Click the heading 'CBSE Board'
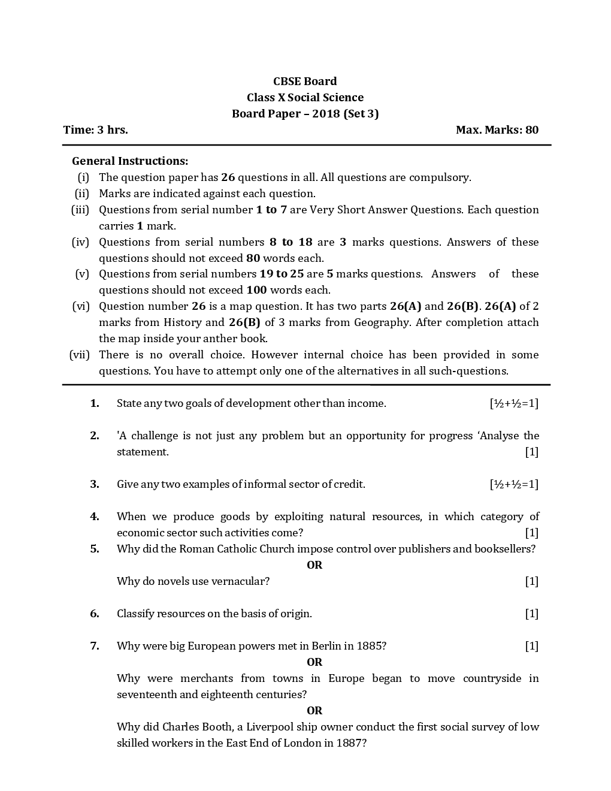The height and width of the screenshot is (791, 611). coord(305,81)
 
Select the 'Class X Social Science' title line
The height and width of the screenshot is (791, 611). coord(305,98)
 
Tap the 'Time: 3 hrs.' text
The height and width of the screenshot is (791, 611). coord(95,130)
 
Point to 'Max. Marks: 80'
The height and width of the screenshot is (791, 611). coord(497,130)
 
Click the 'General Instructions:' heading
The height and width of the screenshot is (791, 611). coord(130,161)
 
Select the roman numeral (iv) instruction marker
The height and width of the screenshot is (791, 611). coord(80,242)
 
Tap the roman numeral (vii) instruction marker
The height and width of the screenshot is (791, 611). coord(79,355)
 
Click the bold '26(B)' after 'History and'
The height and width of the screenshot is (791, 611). coord(244,322)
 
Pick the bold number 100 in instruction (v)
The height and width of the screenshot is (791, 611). coord(256,290)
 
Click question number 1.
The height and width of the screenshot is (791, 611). coord(95,403)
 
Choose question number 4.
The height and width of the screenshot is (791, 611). coord(95,517)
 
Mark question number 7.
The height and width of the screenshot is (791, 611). coord(95,646)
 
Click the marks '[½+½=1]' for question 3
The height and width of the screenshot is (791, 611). coord(514,484)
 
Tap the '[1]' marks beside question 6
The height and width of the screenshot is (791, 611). coord(531,614)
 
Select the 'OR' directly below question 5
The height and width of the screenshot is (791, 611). coord(314,565)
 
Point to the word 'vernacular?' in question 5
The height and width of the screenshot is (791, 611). coord(241,581)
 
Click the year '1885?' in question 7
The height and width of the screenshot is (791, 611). coord(371,646)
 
